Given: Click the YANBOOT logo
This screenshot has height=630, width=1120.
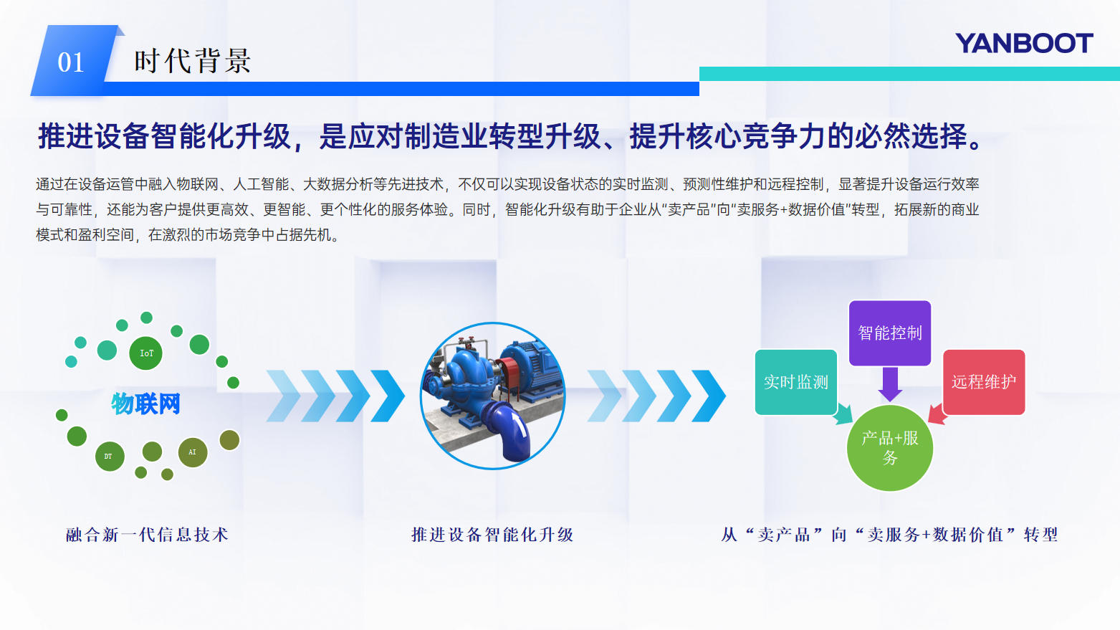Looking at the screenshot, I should pyautogui.click(x=1024, y=44).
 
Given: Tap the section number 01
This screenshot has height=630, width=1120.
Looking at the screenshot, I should pyautogui.click(x=71, y=62).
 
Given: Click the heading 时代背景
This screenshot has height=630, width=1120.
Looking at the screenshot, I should pyautogui.click(x=192, y=61).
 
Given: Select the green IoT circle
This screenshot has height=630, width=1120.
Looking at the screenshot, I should pyautogui.click(x=146, y=353).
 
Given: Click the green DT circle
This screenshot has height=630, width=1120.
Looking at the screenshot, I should pyautogui.click(x=109, y=456).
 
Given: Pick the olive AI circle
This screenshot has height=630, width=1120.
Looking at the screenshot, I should pyautogui.click(x=192, y=452).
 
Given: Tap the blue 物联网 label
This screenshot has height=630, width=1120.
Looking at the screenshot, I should pyautogui.click(x=145, y=404).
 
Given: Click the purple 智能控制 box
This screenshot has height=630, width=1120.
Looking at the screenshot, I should pyautogui.click(x=889, y=333).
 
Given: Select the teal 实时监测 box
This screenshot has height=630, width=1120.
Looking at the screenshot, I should pyautogui.click(x=795, y=382).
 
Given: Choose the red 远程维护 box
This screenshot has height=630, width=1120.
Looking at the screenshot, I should pyautogui.click(x=983, y=382).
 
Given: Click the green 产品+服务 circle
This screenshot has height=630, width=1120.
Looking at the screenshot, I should pyautogui.click(x=889, y=448).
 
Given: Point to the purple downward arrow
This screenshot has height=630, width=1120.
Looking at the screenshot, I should pyautogui.click(x=890, y=384).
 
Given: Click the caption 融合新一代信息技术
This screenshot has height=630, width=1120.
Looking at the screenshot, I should pyautogui.click(x=147, y=535).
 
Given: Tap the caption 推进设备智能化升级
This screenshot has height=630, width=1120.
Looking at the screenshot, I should pyautogui.click(x=492, y=535).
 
